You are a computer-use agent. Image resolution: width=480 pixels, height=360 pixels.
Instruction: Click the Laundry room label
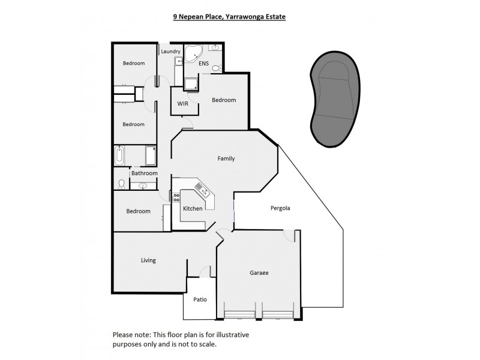click(170, 52)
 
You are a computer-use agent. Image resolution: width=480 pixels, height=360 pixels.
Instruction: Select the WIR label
click(182, 104)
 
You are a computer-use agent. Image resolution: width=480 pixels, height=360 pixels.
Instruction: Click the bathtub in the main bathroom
click(119, 157)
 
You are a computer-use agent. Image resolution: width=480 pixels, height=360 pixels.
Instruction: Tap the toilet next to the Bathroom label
click(121, 184)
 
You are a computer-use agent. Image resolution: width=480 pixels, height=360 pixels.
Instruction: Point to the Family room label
click(226, 159)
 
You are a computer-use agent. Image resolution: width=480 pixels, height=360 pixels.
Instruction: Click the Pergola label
click(280, 208)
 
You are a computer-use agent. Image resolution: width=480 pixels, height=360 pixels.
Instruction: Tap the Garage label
click(259, 273)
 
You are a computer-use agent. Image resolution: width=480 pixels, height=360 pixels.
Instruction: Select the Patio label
click(199, 299)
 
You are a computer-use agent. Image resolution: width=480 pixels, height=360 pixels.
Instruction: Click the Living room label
click(148, 260)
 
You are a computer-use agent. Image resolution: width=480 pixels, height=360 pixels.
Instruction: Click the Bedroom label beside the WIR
click(224, 100)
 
